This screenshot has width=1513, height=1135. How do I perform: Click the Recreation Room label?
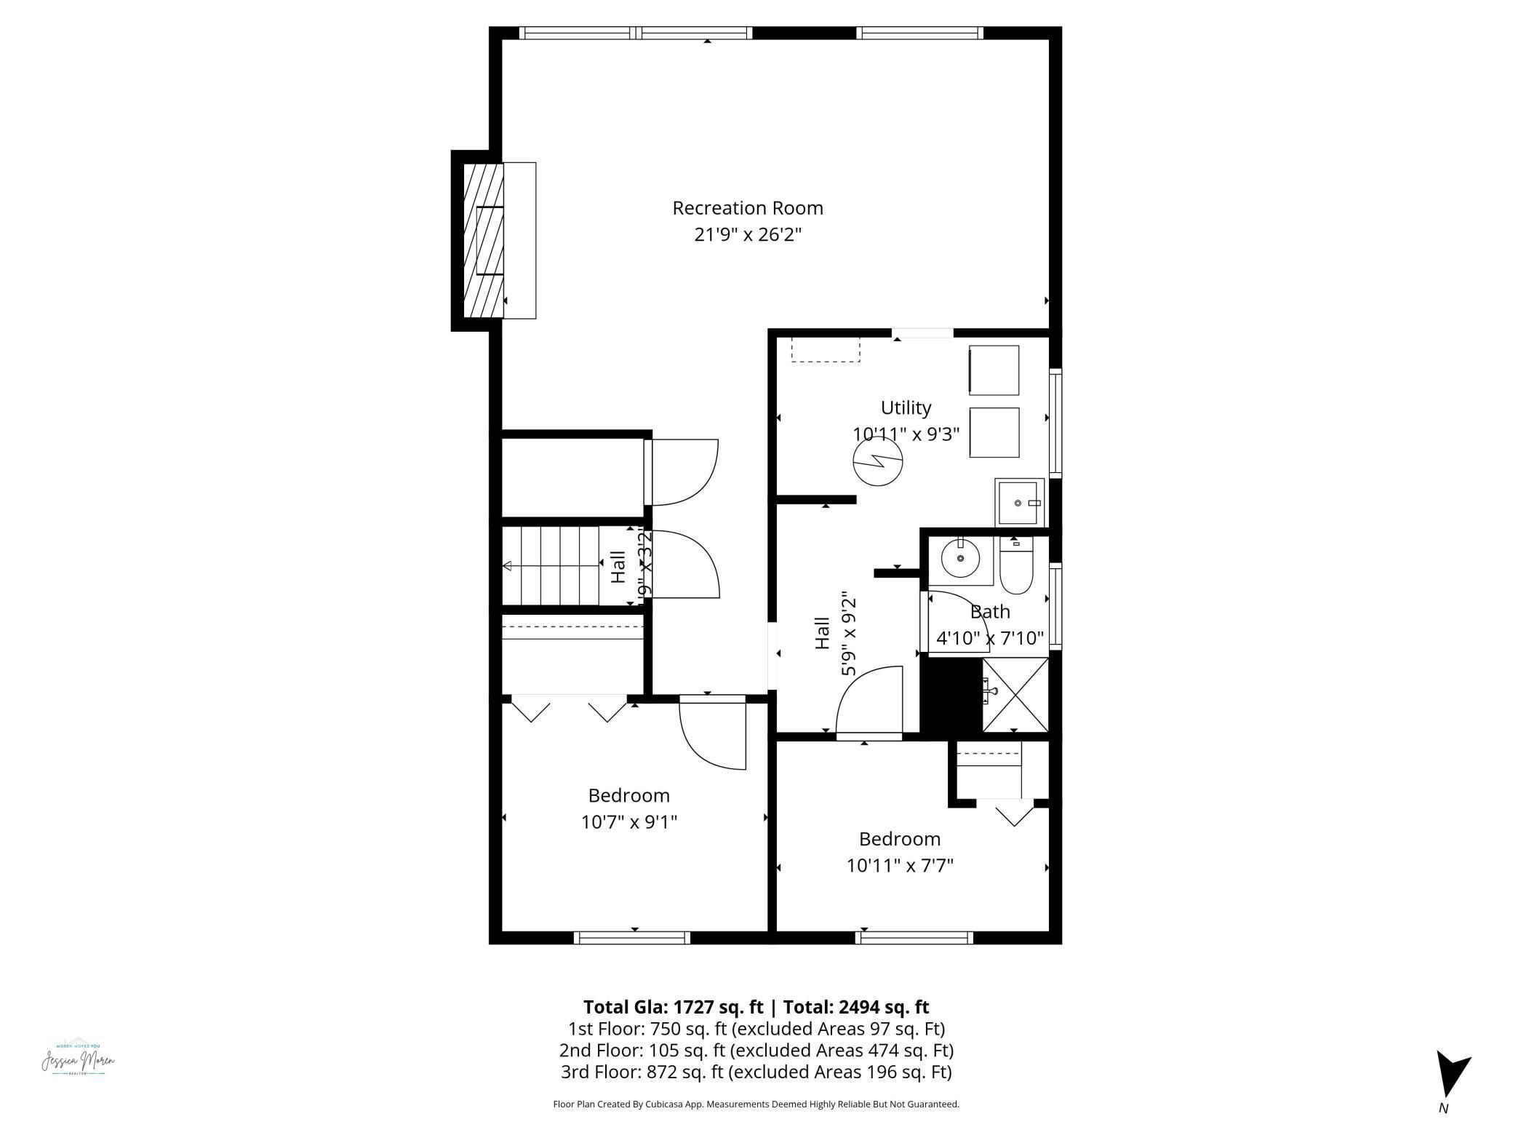click(747, 208)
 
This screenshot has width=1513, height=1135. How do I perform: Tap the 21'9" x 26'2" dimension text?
click(747, 235)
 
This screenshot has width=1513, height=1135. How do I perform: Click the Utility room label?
click(906, 407)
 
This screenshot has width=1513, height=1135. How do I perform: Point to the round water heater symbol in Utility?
click(877, 463)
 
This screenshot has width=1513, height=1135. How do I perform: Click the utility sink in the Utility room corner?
click(1020, 502)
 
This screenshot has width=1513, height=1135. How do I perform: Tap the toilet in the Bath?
click(1015, 567)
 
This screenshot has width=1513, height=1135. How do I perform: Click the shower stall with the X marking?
click(1015, 695)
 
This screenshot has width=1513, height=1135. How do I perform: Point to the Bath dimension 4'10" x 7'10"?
click(989, 638)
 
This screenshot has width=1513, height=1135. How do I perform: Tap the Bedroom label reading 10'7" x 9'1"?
click(628, 822)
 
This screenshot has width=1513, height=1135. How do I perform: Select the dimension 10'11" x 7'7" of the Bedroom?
click(900, 866)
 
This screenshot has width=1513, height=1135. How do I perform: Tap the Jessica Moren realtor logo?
click(78, 1061)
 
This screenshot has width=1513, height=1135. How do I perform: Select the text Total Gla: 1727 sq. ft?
click(673, 1007)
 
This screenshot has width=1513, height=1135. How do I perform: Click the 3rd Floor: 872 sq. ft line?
click(756, 1072)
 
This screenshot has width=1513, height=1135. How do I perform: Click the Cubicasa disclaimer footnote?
click(756, 1104)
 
